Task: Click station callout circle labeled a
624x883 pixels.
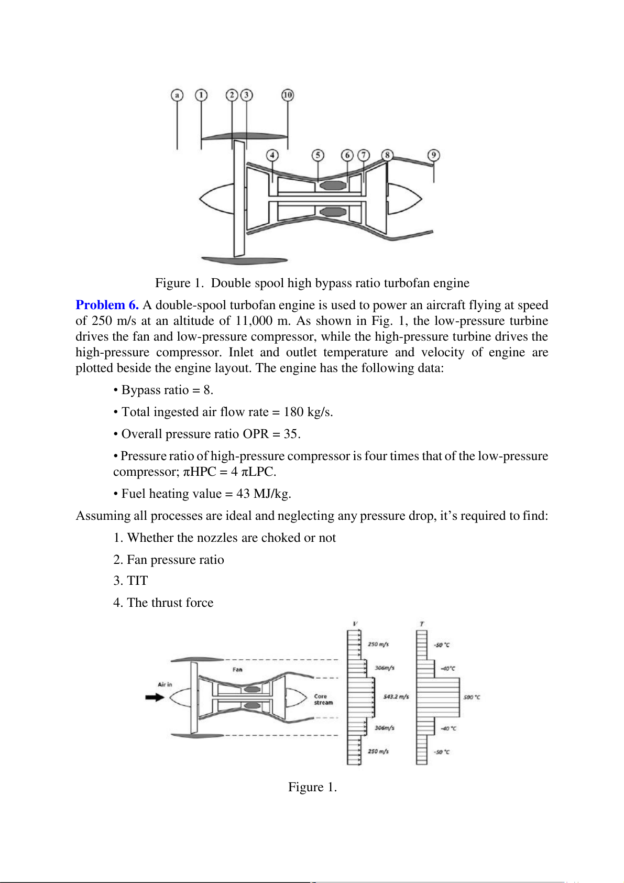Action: [x=177, y=95]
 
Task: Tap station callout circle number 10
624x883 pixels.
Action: [x=288, y=95]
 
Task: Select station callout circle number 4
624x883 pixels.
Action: [x=272, y=155]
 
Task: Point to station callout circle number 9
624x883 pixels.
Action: [x=433, y=155]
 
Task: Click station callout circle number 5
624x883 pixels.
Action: [x=318, y=155]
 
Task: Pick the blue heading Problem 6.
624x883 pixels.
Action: [x=107, y=305]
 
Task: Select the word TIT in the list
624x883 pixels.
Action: [x=137, y=581]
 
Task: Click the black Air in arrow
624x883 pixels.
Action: [x=155, y=697]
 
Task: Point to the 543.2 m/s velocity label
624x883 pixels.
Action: [x=396, y=696]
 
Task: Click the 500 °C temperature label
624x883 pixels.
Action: [x=472, y=697]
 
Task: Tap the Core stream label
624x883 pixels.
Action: [x=323, y=700]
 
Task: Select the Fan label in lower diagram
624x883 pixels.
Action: [x=237, y=670]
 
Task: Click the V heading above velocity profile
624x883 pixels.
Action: [x=356, y=624]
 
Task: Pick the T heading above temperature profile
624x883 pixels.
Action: [x=422, y=624]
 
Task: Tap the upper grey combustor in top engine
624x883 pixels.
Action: [x=333, y=186]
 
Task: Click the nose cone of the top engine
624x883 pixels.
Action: [x=216, y=199]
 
